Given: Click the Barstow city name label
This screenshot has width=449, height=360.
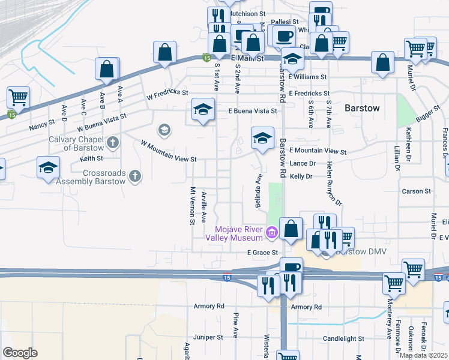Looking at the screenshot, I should (x=362, y=108).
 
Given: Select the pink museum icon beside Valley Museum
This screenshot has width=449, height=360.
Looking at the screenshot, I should (x=272, y=232).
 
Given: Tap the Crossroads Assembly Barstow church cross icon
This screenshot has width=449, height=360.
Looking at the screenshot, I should (x=136, y=176).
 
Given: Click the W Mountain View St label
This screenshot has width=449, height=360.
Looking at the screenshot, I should (x=169, y=152).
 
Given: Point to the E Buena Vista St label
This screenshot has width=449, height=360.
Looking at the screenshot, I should (x=252, y=111).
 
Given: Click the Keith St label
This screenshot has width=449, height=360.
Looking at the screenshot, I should (x=92, y=159).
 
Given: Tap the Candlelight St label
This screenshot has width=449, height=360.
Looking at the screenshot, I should (x=344, y=338).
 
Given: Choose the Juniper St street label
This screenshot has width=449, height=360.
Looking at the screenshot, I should (x=208, y=337).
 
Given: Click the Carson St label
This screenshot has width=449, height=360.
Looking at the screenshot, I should (x=417, y=191).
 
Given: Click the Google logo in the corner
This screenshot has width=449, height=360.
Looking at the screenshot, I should (x=20, y=353).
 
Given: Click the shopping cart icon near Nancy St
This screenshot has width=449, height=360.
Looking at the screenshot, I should (x=19, y=97).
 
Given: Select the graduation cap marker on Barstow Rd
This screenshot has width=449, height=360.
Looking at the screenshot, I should (x=262, y=139).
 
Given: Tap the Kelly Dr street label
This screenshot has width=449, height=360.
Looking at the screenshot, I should (x=301, y=176).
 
